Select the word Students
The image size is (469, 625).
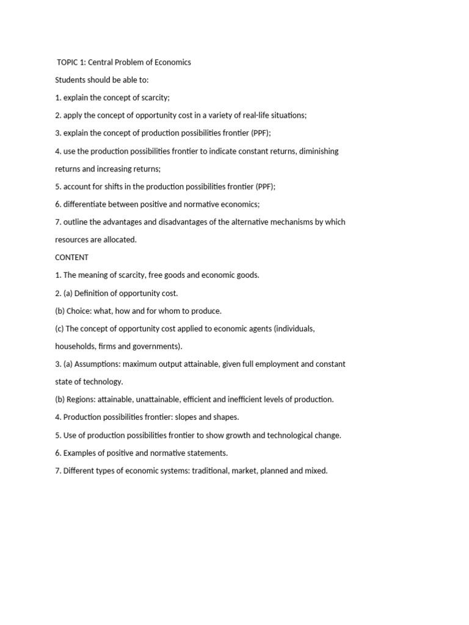click(71, 80)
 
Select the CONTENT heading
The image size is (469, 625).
click(72, 258)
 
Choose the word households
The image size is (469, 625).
click(75, 346)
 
